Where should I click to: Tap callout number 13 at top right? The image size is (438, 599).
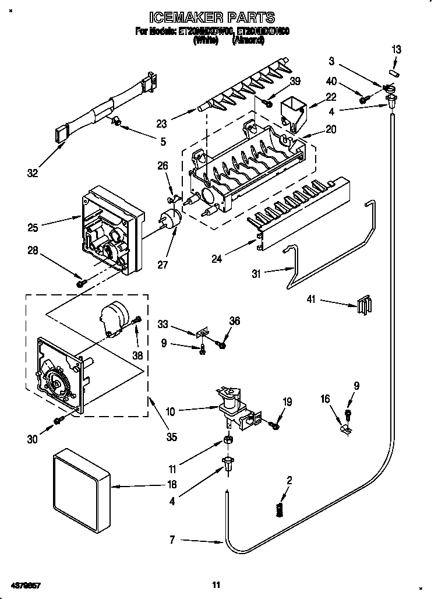tap(397, 50)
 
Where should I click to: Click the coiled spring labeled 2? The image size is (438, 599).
tap(280, 509)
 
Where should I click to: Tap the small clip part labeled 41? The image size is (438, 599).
tap(363, 305)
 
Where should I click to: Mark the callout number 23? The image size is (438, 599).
tap(162, 123)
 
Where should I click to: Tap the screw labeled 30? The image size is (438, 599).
tap(58, 420)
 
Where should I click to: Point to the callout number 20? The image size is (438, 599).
tap(331, 130)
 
